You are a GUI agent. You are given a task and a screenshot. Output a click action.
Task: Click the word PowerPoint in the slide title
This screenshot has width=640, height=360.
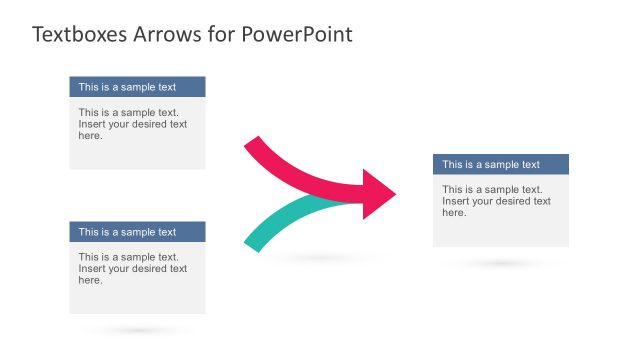coord(297,35)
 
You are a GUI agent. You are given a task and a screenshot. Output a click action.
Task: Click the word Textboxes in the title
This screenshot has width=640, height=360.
coord(76,35)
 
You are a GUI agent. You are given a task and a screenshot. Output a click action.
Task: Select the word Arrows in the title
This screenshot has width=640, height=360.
coord(161,35)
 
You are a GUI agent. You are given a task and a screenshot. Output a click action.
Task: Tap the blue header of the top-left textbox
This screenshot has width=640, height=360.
coord(137,87)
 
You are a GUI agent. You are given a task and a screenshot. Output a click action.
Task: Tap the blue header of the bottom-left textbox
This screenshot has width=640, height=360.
coord(137,232)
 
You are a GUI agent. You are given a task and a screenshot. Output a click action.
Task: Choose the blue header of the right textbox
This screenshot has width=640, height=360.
coord(500,165)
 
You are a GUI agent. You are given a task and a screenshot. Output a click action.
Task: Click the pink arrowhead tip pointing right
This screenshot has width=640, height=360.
coord(392,194)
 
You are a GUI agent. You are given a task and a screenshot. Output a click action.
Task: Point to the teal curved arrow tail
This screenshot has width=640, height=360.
coord(254,241)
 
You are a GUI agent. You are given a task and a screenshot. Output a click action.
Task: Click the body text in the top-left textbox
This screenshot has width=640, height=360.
coord(132,124)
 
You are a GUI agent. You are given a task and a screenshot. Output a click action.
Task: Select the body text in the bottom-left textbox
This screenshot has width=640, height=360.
coord(132,269)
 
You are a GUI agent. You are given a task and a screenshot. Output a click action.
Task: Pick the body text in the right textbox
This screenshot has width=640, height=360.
coord(496,201)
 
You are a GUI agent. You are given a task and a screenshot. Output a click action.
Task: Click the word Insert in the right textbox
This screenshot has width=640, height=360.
coord(456,201)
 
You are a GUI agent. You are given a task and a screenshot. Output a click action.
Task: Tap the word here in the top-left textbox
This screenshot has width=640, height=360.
coord(90,136)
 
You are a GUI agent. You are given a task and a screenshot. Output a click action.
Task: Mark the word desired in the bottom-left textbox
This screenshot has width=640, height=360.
coord(150,269)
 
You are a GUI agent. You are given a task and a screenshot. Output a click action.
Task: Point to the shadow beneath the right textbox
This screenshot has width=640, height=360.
coord(500,264)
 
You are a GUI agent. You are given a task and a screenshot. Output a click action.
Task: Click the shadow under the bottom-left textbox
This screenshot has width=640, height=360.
coord(137,330)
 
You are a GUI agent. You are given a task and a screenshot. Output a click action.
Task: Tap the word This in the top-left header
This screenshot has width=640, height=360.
coord(89,87)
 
